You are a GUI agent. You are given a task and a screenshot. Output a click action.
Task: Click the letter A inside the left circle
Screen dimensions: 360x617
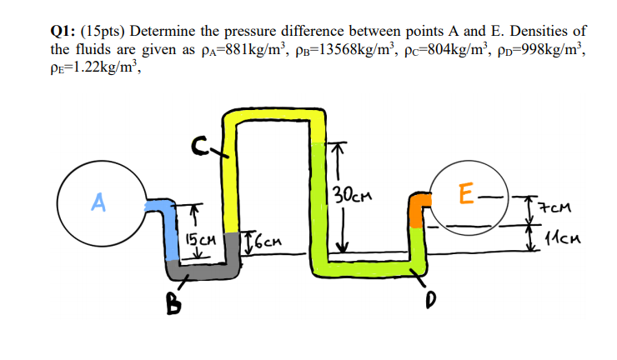(98, 202)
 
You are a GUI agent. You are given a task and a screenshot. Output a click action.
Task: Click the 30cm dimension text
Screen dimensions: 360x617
(350, 197)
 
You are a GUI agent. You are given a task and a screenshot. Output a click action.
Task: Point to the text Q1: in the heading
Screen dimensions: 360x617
(63, 31)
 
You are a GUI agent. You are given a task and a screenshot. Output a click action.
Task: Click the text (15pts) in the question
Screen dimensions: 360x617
(108, 31)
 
